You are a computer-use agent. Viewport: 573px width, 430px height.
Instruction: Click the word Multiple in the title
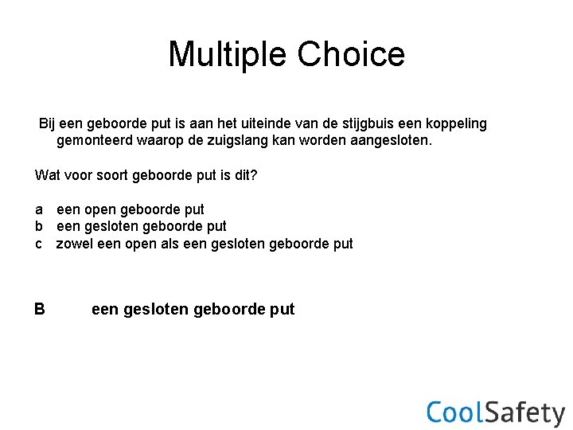(228, 54)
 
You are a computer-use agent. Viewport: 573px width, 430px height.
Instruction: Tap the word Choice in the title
(351, 54)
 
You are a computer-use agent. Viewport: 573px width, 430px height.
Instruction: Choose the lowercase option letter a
(39, 209)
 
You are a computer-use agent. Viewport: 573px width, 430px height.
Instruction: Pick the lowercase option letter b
(39, 226)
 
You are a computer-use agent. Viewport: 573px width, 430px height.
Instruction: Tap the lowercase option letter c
(38, 244)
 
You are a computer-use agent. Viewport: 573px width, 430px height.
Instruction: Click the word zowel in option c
(74, 244)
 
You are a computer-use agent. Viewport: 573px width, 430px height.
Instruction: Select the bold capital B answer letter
(40, 309)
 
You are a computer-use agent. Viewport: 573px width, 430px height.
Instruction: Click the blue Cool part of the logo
(454, 412)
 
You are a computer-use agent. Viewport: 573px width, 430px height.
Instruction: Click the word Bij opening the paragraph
(49, 124)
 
